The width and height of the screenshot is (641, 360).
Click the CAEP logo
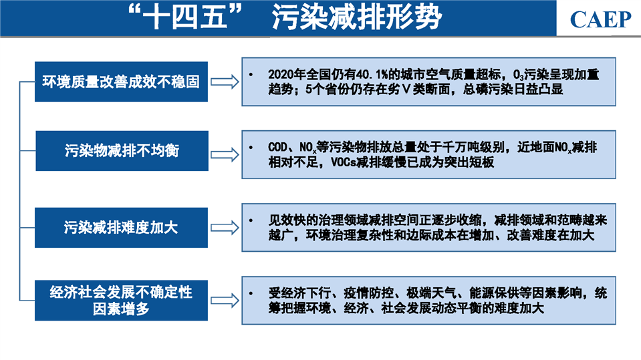[600, 19]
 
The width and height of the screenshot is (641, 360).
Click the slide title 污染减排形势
[357, 17]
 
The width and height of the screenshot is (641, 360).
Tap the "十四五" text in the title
[184, 17]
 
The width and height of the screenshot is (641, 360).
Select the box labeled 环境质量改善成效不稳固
[121, 81]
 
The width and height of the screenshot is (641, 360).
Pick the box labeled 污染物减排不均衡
[122, 151]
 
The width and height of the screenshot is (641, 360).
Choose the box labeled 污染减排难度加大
[121, 228]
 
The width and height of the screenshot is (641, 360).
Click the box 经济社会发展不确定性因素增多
[121, 301]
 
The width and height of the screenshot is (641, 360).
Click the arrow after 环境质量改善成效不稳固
[225, 81]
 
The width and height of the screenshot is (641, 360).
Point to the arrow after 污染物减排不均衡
[225, 155]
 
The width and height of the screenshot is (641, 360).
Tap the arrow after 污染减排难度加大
[225, 228]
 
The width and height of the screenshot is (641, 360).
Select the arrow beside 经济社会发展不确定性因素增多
[225, 301]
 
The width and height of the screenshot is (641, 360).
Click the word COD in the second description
[277, 147]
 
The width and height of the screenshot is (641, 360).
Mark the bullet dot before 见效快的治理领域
[251, 220]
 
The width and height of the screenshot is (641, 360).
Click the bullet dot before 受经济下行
[251, 293]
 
